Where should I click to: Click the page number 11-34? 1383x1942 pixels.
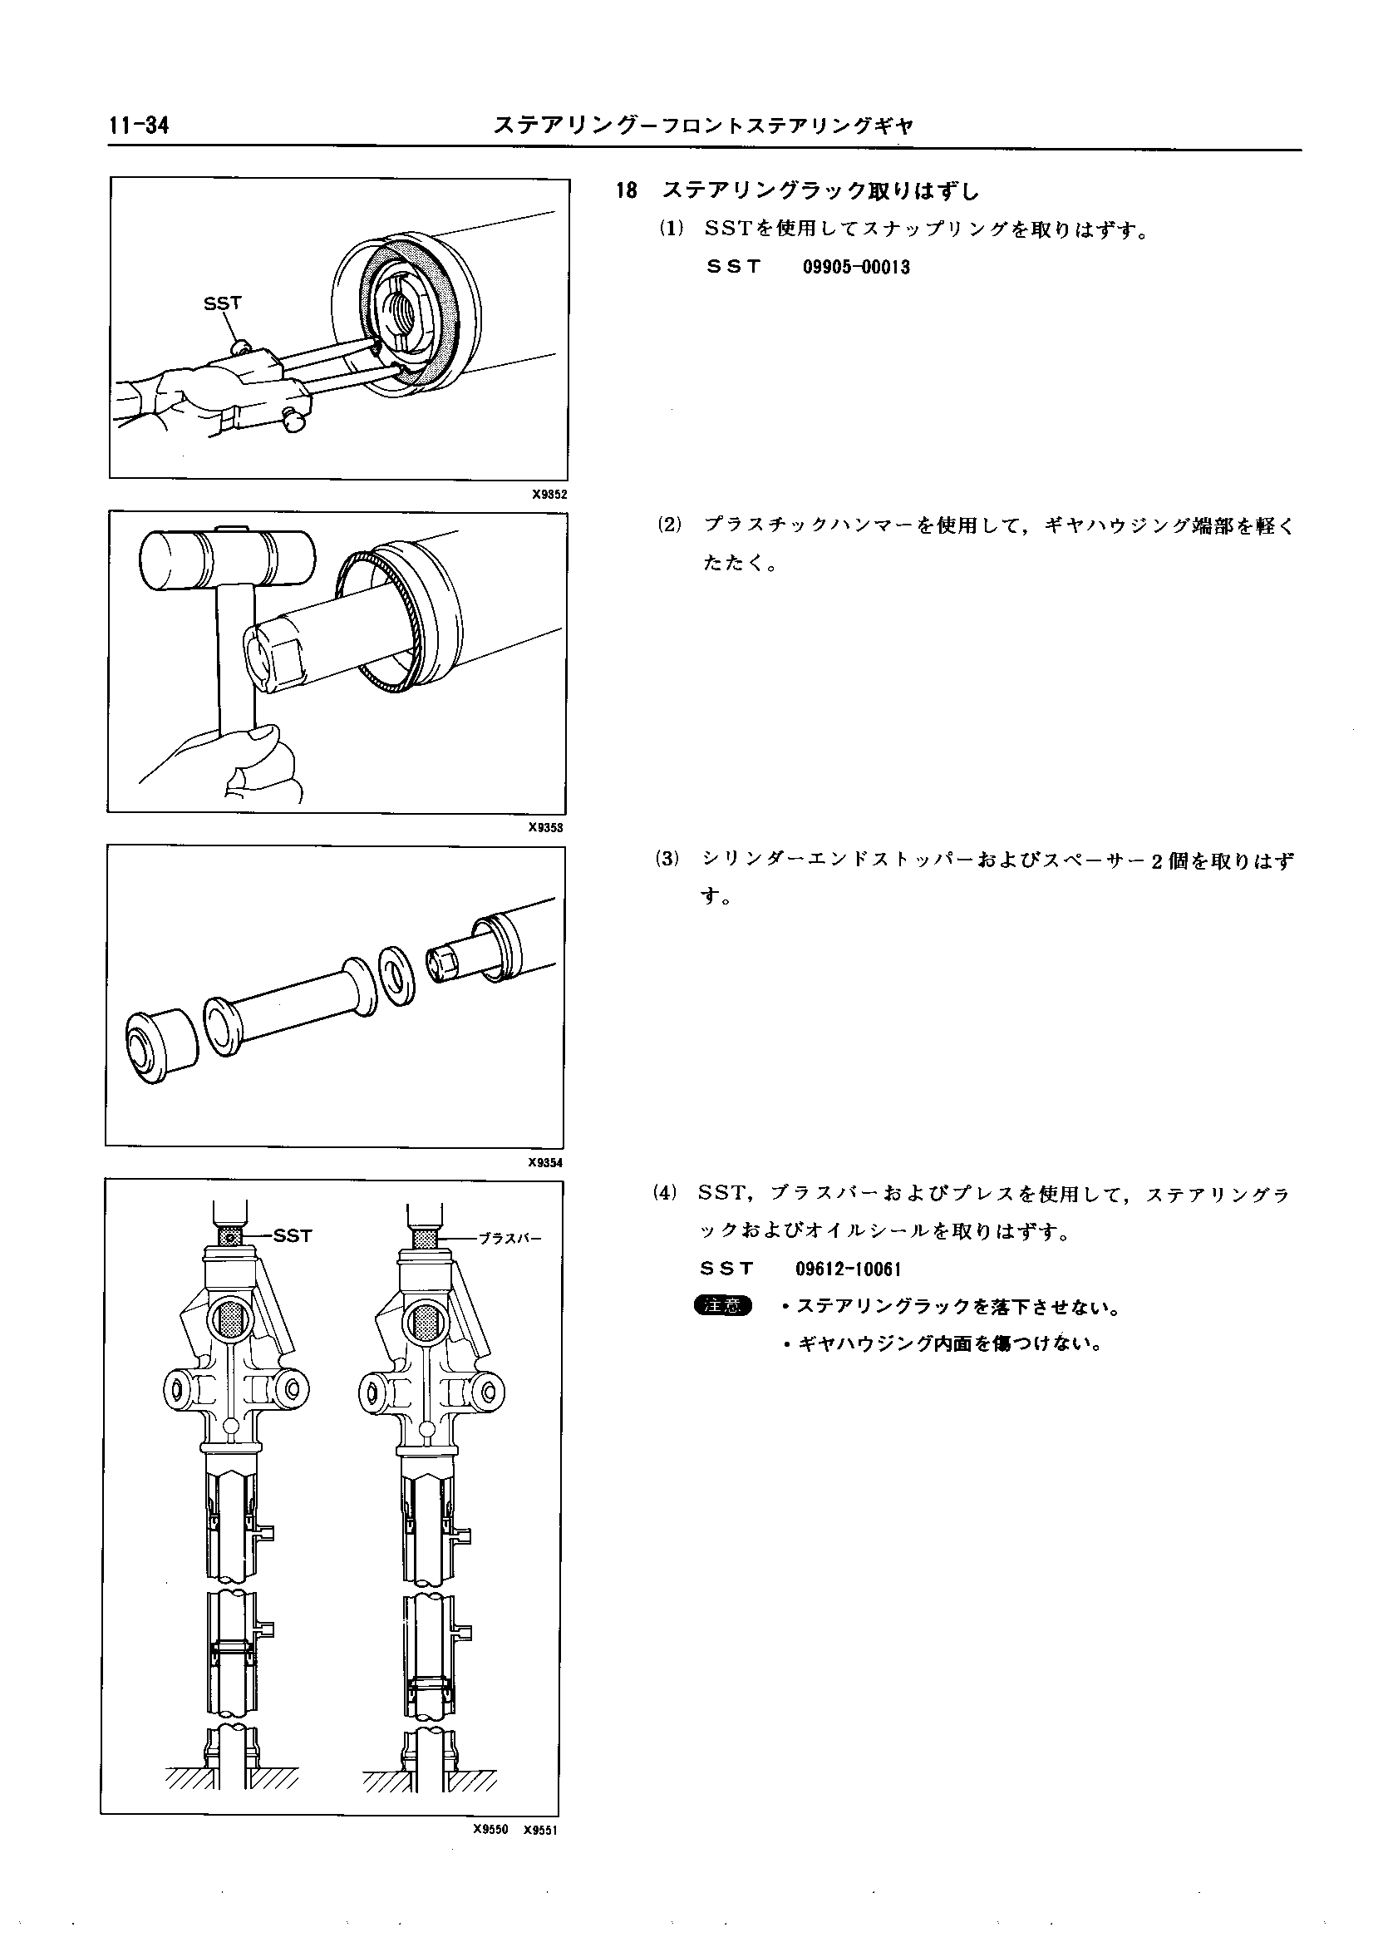(x=139, y=126)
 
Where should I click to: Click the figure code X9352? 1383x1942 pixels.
(x=549, y=494)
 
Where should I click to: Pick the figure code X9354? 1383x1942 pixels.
(x=545, y=1163)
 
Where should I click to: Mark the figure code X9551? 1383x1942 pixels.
(x=540, y=1830)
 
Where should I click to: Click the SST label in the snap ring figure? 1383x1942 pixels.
(x=222, y=303)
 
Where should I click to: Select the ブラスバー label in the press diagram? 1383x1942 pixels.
(x=509, y=1239)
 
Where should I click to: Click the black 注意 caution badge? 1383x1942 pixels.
(x=723, y=1306)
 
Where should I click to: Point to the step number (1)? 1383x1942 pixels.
(x=670, y=229)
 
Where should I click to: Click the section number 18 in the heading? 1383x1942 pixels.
(x=626, y=191)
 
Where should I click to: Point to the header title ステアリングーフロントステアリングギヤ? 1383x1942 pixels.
(x=703, y=126)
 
